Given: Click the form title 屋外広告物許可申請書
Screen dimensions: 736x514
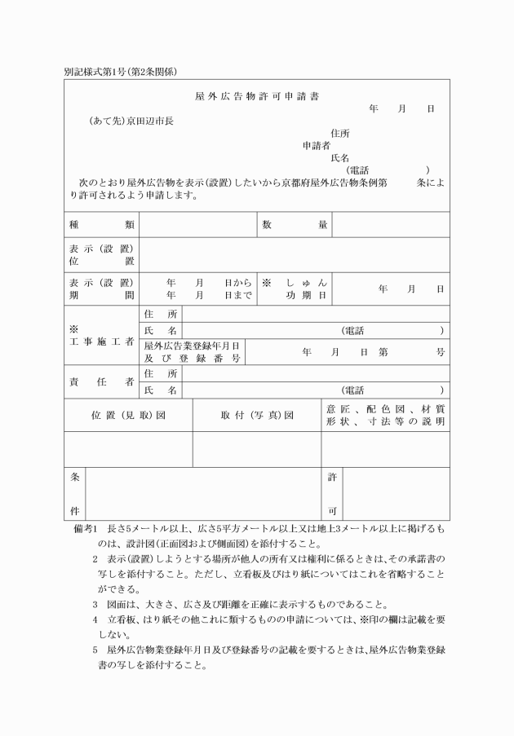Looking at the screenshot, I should coord(257,96).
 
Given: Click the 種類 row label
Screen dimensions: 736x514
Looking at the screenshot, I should coord(101,224).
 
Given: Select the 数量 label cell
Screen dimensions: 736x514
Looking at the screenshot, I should coord(295,224).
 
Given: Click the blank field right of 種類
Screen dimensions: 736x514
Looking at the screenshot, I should coord(197,224).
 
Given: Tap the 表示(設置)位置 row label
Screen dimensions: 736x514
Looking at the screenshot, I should coord(101,254).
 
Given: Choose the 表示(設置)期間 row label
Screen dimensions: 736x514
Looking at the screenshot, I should coord(101,289).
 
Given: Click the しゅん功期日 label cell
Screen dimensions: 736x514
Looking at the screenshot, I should coord(295,289).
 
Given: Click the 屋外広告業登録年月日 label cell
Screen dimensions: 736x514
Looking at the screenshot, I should coord(193,351).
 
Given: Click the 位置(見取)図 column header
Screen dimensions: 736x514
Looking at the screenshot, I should coord(128,415).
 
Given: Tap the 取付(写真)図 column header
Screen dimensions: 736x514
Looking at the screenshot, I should coord(256,415).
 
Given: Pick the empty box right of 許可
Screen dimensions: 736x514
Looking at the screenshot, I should coord(397,493).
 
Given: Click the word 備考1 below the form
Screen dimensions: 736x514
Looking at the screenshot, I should coord(86,530).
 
